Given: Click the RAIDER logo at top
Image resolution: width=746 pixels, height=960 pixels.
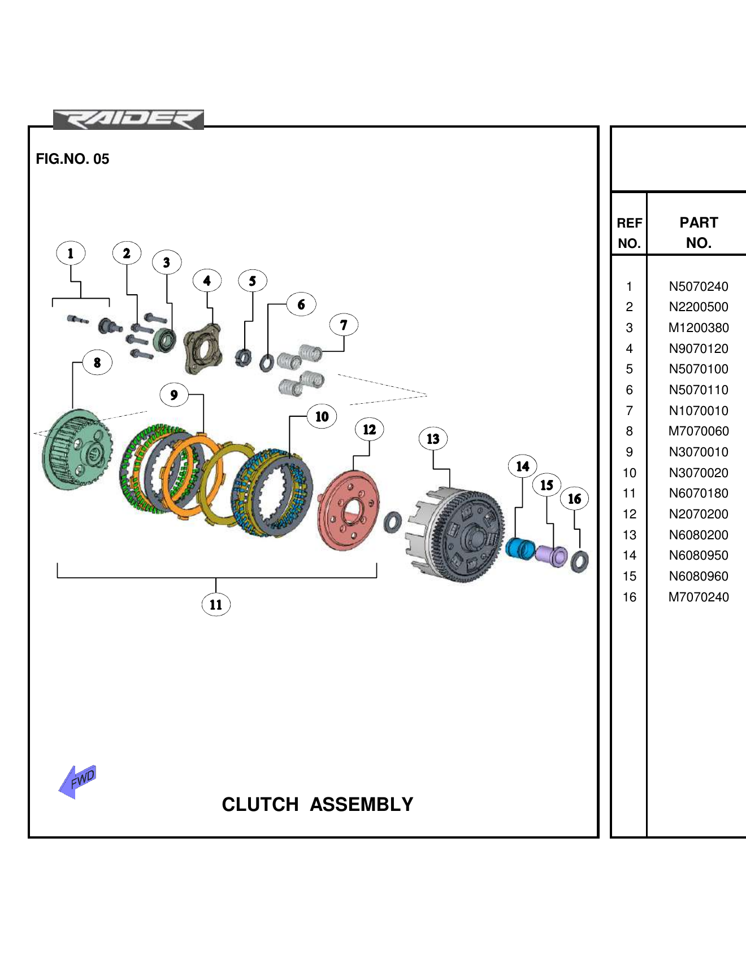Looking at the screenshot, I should pos(128,120).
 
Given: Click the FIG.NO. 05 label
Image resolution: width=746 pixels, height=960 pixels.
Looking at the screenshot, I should pos(72,159).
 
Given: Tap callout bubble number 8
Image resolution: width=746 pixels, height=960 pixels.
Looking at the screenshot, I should pos(97,363).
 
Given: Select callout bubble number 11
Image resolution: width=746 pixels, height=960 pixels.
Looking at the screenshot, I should pos(216,605).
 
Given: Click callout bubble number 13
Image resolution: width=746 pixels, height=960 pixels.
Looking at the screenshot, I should pos(433,439).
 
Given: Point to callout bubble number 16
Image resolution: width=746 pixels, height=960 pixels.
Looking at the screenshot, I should pos(574,499).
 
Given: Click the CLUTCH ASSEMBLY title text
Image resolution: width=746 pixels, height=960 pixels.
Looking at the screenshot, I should pos(317,804).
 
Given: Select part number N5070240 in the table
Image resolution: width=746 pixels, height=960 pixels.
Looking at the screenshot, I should pos(699,286).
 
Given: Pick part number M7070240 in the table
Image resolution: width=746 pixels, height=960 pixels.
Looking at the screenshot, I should pos(699,597).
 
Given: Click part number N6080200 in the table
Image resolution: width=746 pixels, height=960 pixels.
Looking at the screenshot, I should pos(699,535).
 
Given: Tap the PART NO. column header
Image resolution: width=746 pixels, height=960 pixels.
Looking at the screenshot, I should pos(699,233).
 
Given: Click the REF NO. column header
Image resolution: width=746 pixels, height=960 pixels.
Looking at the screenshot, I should pos(629,233).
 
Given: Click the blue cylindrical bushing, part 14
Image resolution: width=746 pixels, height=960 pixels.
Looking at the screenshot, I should pos(520,548).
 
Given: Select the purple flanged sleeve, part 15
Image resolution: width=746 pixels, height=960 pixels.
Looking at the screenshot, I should pos(551,555).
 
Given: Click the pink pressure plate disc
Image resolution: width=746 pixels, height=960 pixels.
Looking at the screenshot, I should pos(348,510).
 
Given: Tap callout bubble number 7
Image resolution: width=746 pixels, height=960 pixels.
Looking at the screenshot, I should pos(344,325).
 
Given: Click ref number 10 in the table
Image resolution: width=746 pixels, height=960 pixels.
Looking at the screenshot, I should pos(629,473).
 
